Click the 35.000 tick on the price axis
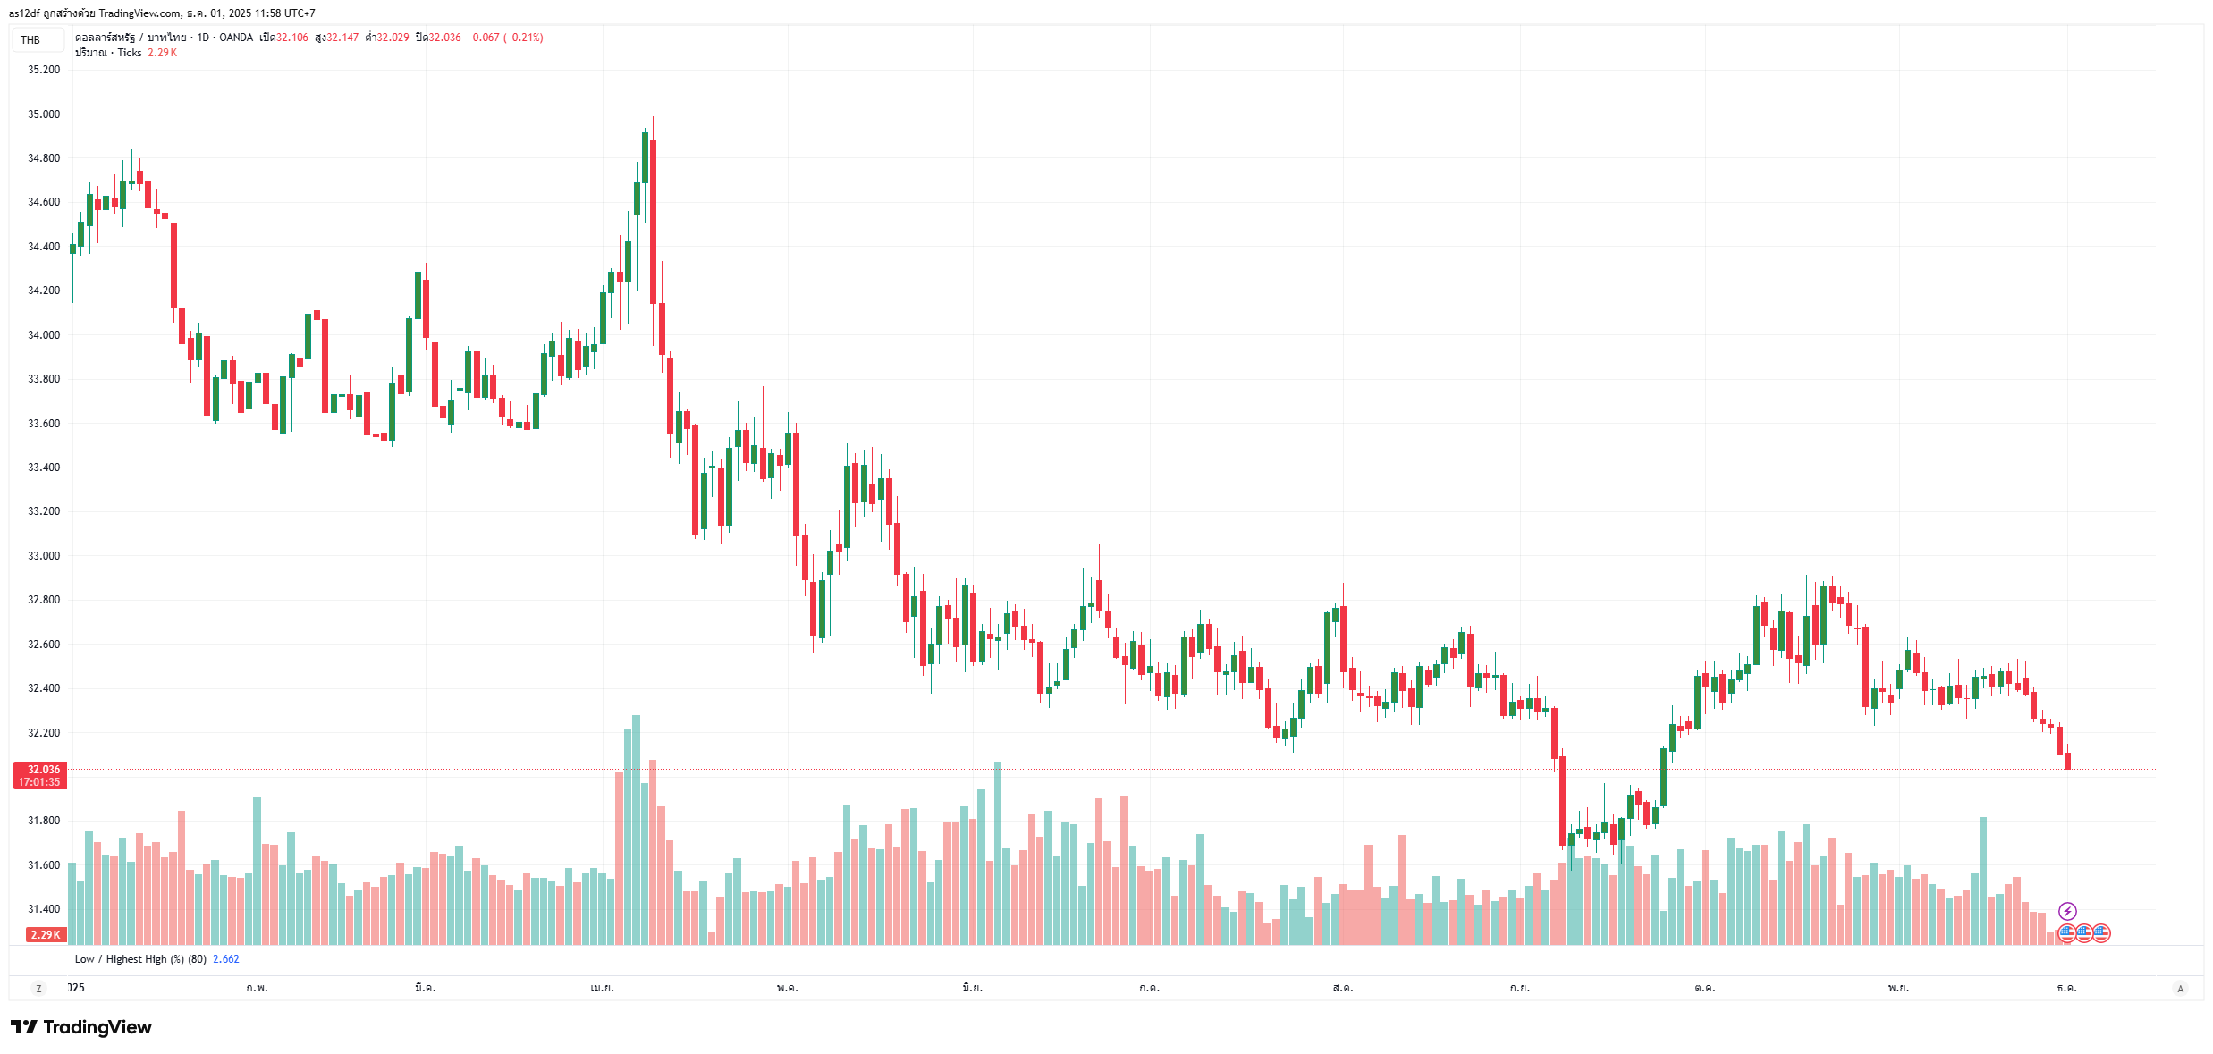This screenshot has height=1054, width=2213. click(x=44, y=114)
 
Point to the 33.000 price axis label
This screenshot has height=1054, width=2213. click(x=44, y=556)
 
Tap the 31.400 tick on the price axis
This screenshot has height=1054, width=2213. click(x=44, y=909)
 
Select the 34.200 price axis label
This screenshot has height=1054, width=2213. click(x=44, y=291)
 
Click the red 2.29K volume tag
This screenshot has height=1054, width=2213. click(x=46, y=935)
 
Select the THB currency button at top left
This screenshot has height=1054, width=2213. click(x=31, y=40)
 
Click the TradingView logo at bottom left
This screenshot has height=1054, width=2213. click(x=81, y=1027)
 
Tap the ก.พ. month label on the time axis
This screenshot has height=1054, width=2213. click(x=257, y=988)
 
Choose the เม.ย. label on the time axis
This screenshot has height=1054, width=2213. click(x=602, y=988)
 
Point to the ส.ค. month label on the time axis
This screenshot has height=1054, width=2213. click(x=1342, y=988)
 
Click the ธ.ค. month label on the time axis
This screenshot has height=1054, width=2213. click(x=2066, y=988)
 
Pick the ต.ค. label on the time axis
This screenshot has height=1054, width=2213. click(x=1704, y=988)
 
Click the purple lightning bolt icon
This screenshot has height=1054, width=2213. click(x=2067, y=911)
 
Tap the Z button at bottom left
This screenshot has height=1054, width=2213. click(x=38, y=988)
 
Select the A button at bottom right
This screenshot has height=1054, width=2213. click(x=2180, y=988)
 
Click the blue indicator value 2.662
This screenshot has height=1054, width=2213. click(x=226, y=959)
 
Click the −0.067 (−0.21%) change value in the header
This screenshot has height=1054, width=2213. click(x=505, y=38)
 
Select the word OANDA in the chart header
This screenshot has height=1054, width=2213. click(x=236, y=38)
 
